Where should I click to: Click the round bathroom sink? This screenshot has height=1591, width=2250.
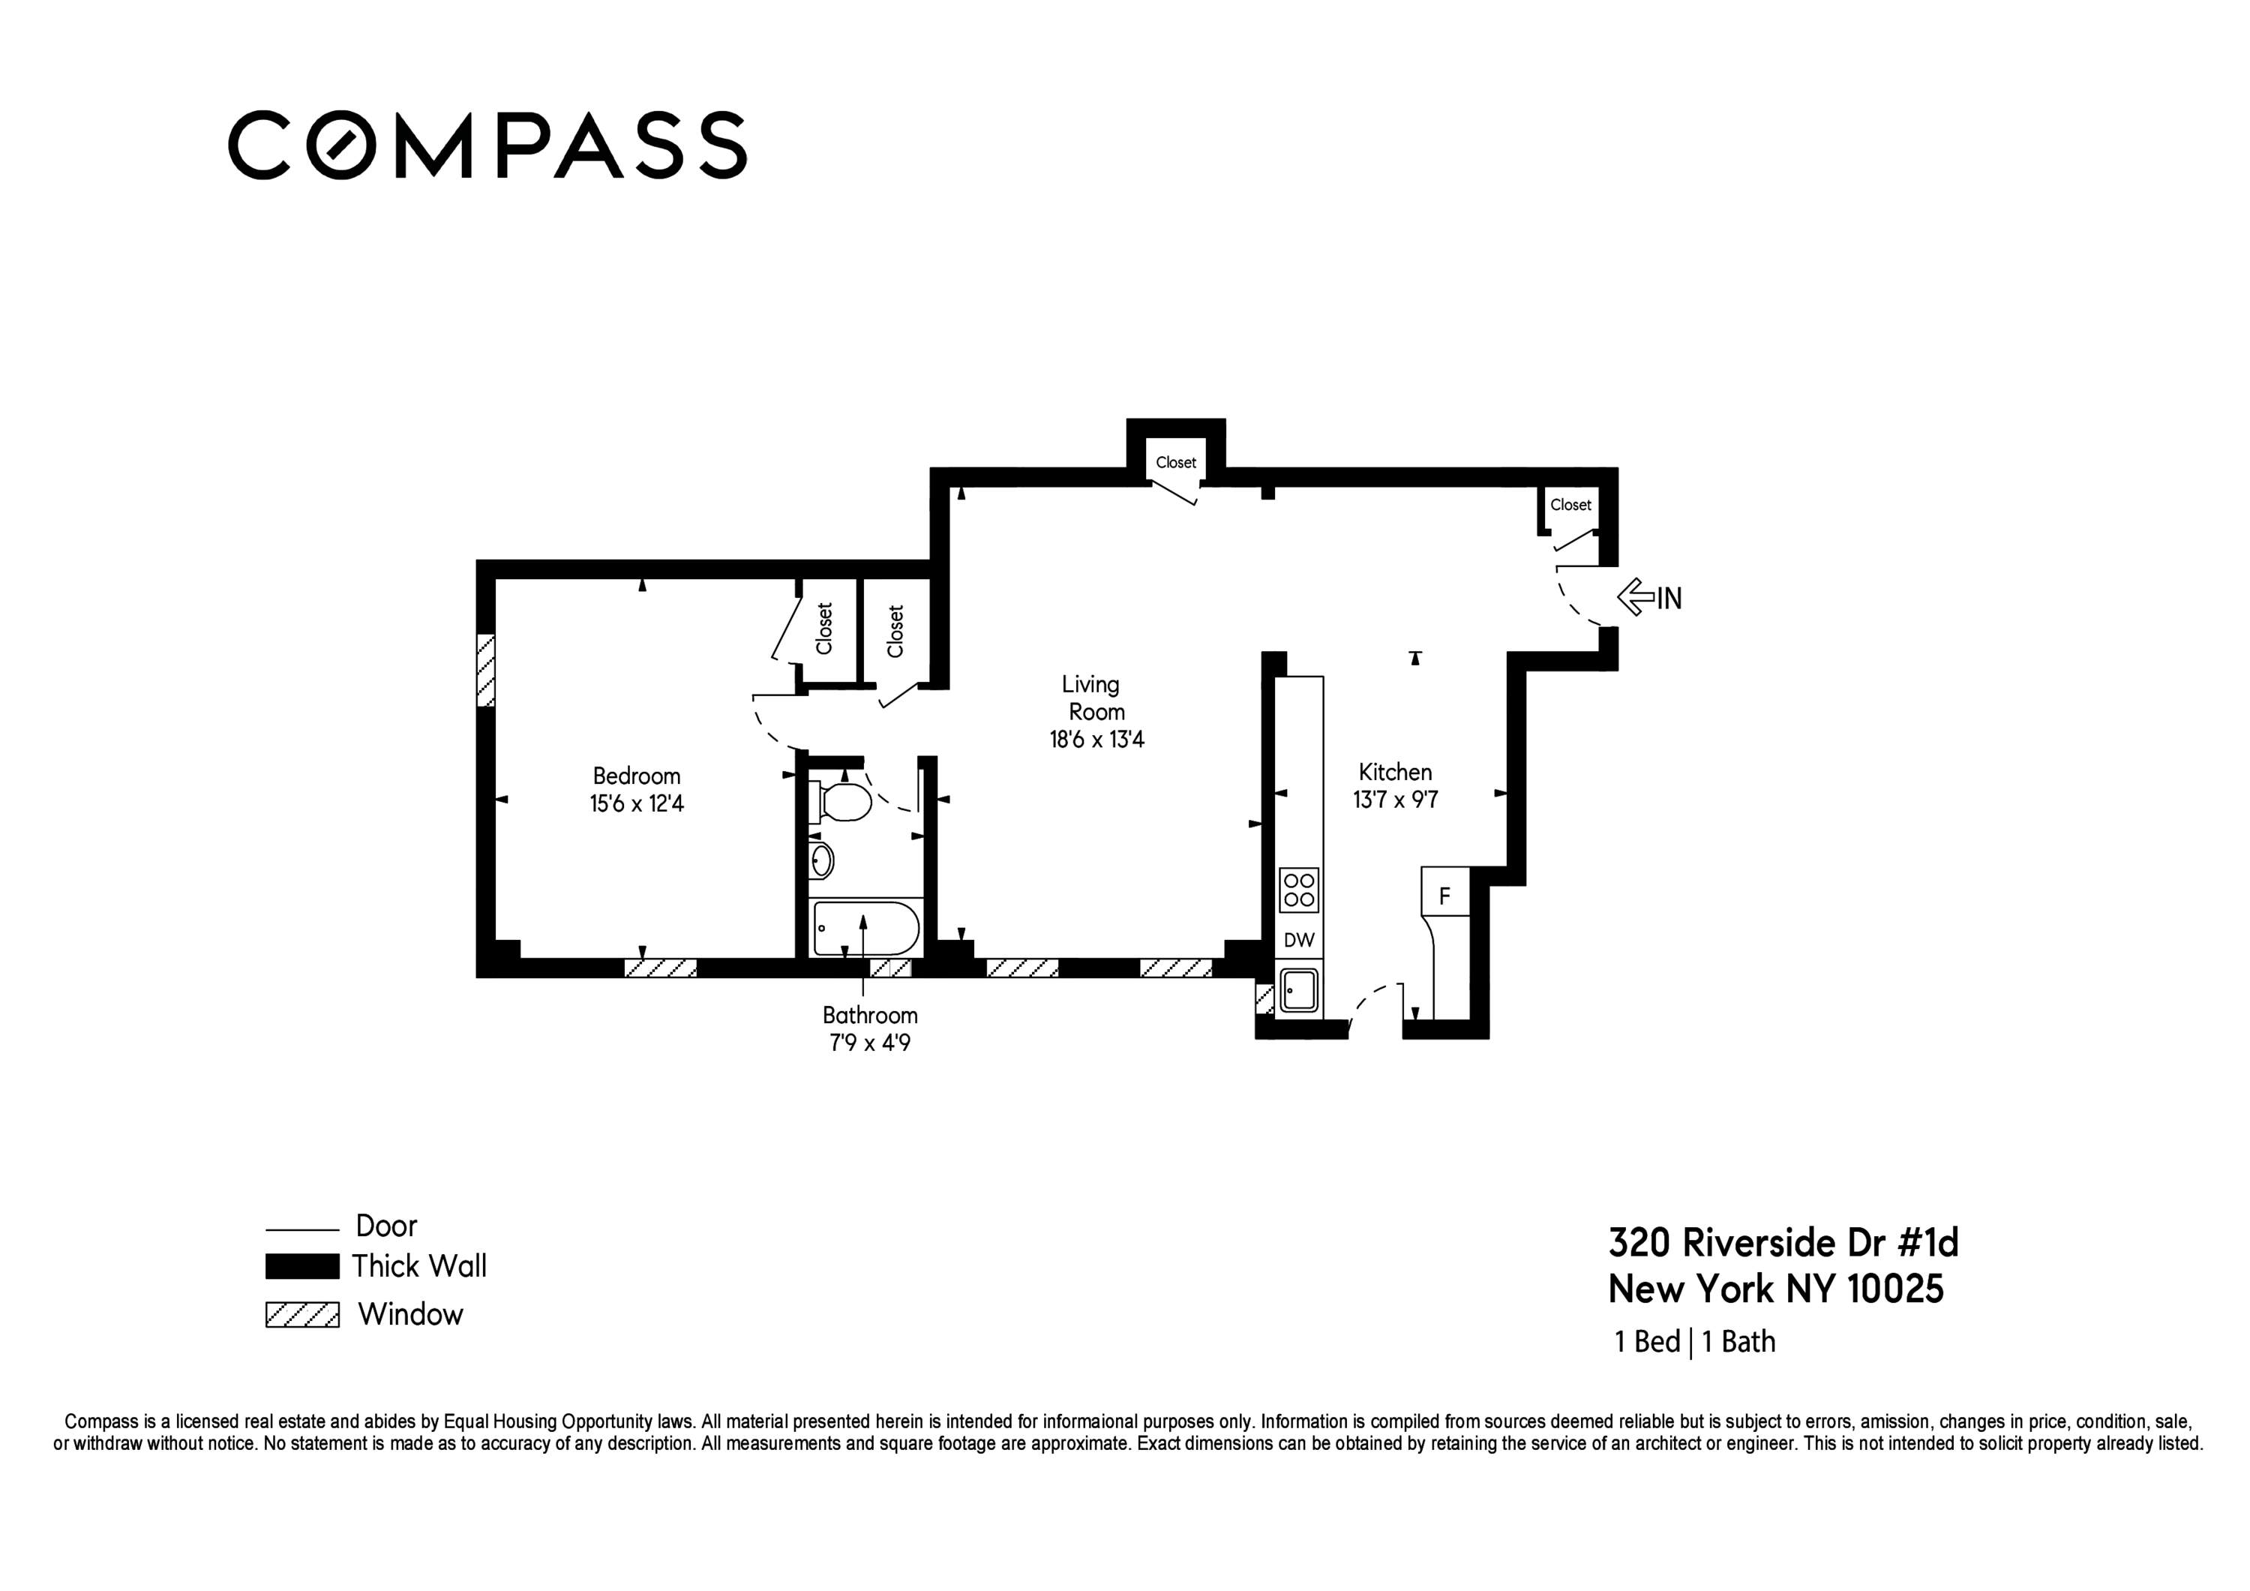(x=821, y=860)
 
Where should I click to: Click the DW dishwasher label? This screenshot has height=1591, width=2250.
(x=1298, y=940)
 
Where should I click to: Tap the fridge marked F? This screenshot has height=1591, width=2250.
(x=1444, y=895)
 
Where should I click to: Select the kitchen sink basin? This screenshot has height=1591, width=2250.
(x=1298, y=990)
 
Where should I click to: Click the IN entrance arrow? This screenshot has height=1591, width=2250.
(x=1648, y=597)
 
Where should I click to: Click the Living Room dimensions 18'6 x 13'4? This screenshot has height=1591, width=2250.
(x=1096, y=739)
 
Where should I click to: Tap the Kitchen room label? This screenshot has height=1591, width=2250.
(x=1394, y=771)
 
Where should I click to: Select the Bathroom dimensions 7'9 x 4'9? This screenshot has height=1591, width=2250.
(x=869, y=1043)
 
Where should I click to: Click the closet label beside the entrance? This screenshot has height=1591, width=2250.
(x=1570, y=505)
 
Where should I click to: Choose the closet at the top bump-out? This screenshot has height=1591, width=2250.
(x=1175, y=463)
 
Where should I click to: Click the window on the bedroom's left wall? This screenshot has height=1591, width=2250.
(x=485, y=671)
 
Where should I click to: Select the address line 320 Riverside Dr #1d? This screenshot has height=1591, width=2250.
(x=1783, y=1243)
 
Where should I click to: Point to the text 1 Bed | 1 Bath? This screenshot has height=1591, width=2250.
(x=1694, y=1341)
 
